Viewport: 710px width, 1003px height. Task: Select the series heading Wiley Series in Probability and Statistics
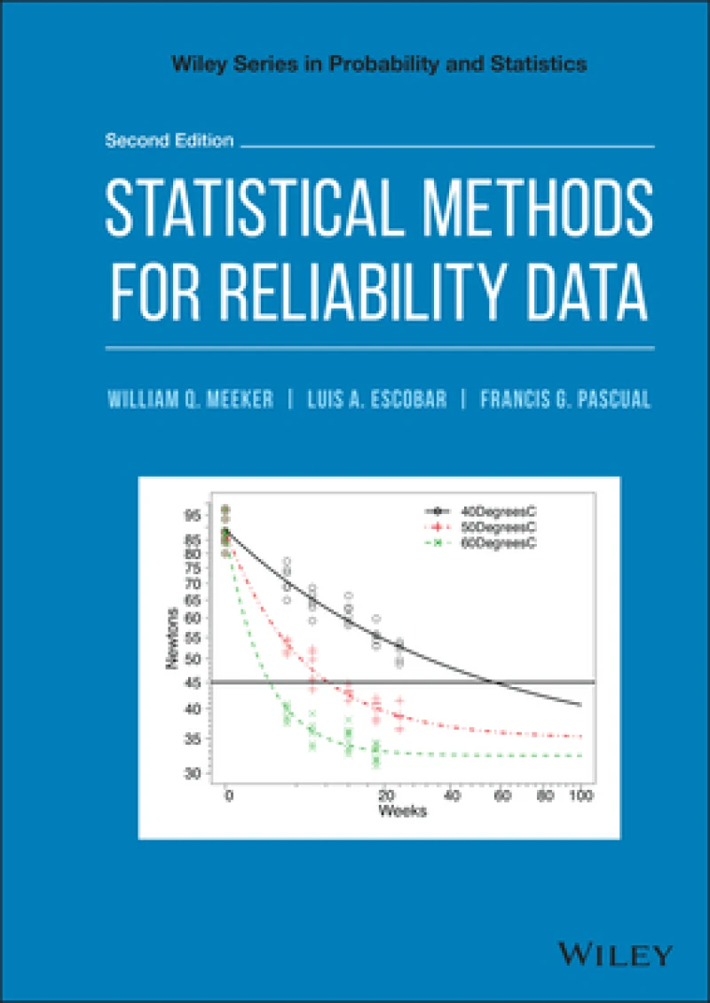coord(355,64)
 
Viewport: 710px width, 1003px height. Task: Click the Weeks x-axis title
coord(403,811)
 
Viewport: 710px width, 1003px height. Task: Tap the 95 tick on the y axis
coord(193,516)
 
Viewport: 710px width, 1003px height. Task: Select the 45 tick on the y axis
coord(193,682)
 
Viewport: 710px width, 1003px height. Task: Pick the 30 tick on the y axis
coord(193,774)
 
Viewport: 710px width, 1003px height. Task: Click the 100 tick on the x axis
coord(580,795)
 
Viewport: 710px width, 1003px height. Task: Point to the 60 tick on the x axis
coord(502,795)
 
